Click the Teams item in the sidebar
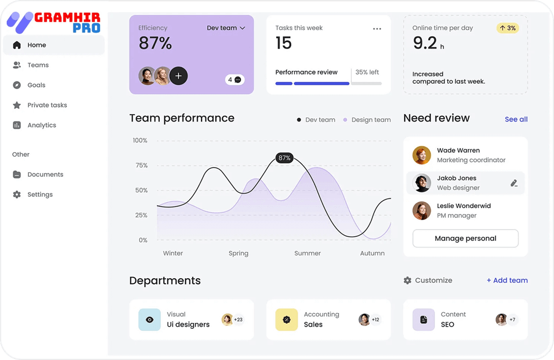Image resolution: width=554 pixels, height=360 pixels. point(38,65)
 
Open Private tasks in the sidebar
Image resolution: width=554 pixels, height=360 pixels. point(47,105)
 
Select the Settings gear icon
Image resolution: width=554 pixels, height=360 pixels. point(17,194)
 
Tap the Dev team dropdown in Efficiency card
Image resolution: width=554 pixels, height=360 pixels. point(225,28)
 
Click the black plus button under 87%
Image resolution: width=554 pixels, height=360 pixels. point(178,76)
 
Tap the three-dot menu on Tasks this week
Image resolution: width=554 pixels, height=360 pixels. point(377,29)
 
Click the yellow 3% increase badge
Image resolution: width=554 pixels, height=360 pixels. point(507,28)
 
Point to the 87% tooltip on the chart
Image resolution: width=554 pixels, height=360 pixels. point(285,158)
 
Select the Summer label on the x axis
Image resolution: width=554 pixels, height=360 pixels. point(307,253)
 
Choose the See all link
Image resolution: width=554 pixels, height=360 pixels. point(516,119)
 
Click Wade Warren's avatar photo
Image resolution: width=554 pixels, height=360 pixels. point(421,155)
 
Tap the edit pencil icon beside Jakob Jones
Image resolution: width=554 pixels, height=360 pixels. point(514,183)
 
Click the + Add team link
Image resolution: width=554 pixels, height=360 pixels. point(507,280)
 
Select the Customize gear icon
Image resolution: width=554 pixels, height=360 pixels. point(408,280)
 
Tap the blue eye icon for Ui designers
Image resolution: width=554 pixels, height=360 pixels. point(149,320)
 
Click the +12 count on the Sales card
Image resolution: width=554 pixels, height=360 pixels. point(376,320)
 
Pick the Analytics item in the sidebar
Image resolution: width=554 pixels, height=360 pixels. point(42,125)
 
